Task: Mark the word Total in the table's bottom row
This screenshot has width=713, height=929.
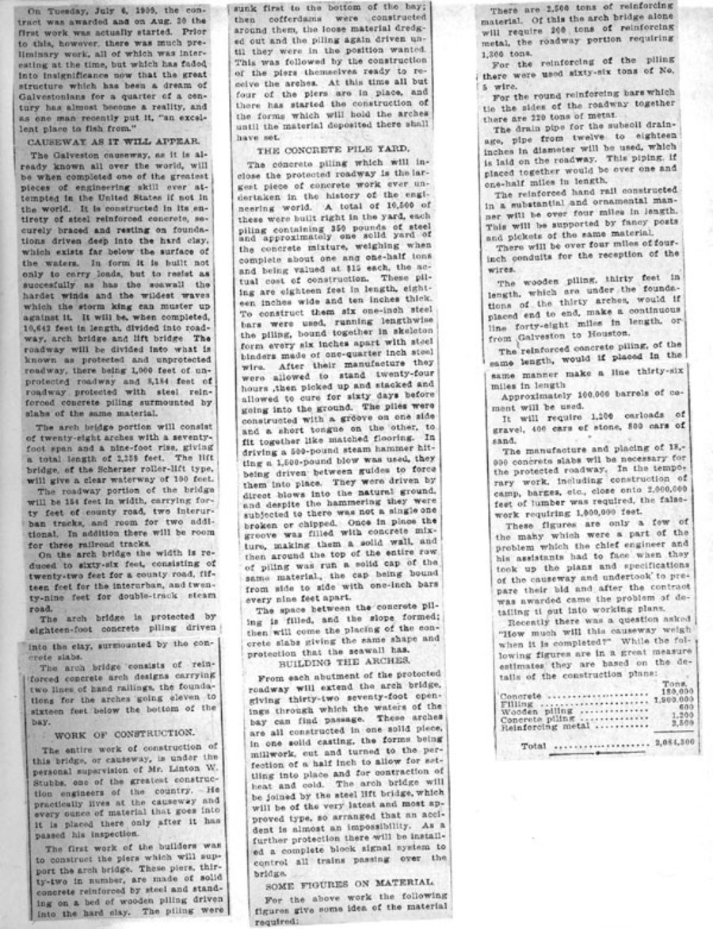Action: point(535,746)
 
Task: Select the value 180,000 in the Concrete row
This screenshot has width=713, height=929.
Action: point(675,690)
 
